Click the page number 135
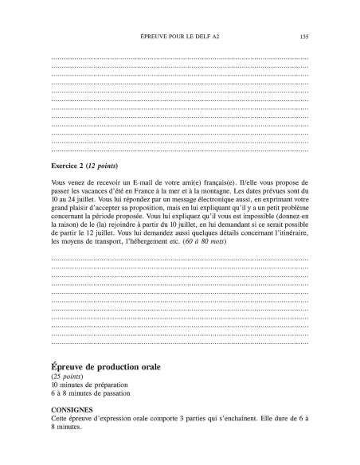[303, 36]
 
